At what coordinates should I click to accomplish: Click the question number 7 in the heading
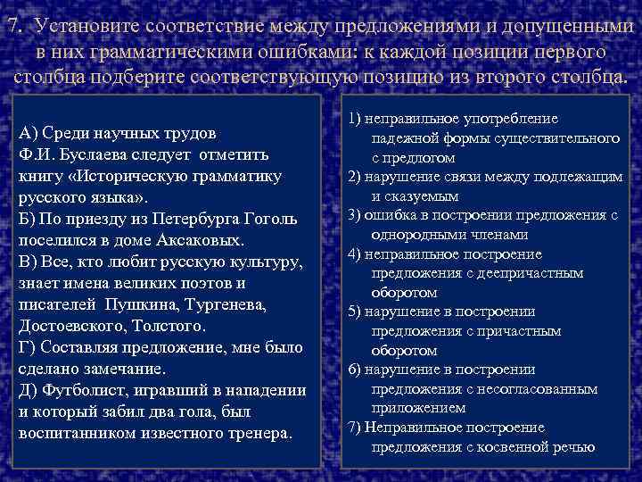(x=11, y=27)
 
